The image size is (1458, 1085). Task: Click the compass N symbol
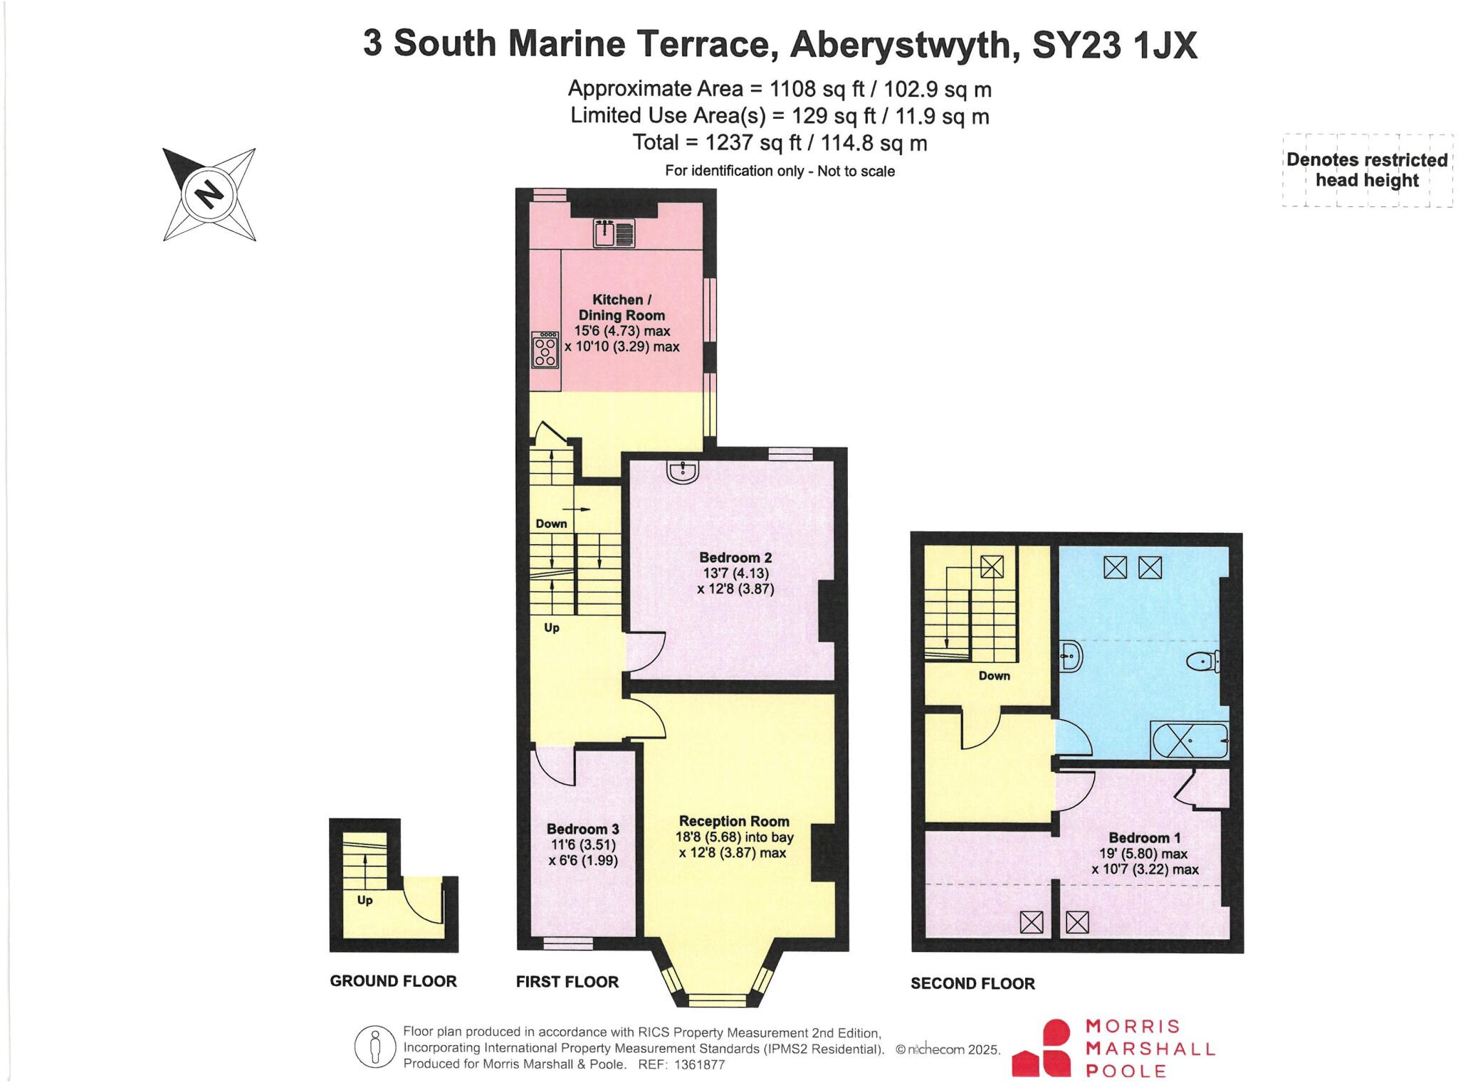point(209,194)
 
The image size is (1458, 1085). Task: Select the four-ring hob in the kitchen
point(545,349)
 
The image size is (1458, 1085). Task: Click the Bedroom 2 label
point(735,558)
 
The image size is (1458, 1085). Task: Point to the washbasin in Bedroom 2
point(683,472)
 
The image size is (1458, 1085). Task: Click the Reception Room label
point(734,821)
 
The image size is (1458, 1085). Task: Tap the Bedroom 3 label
point(582,829)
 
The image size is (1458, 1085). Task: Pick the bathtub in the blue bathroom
point(1189,741)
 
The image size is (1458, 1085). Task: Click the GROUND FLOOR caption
point(393,981)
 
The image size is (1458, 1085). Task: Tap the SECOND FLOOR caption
point(972,983)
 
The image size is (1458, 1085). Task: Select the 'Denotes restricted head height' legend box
point(1367,170)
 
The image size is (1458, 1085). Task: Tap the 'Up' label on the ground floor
point(364,900)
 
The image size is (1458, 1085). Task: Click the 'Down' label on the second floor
point(994,675)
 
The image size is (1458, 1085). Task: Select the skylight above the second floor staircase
point(991,566)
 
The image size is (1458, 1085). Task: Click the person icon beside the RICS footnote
point(375,1047)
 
